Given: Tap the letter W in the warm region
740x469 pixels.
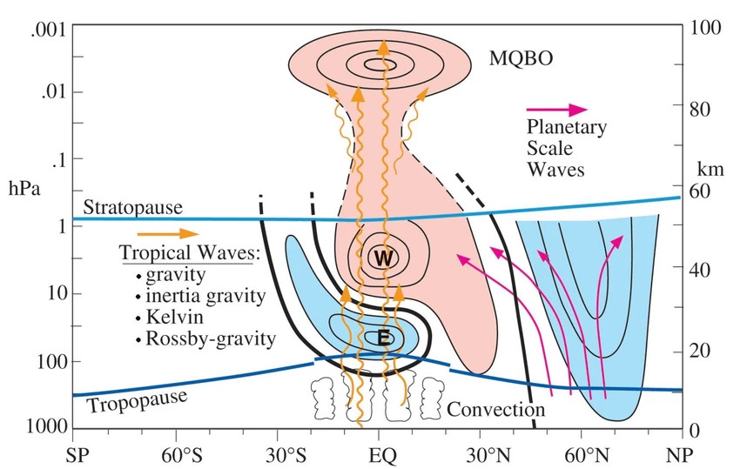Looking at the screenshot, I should click(380, 258).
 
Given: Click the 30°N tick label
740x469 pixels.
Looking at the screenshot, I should click(481, 454).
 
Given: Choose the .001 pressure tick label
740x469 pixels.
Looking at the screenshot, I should click(43, 26).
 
